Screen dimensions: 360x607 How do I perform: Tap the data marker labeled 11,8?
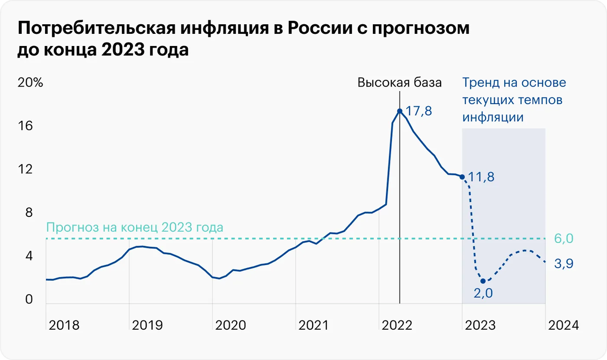click(x=462, y=176)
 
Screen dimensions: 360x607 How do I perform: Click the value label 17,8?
click(x=419, y=111)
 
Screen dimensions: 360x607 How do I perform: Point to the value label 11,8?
click(x=481, y=177)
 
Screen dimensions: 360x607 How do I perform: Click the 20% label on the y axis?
click(x=30, y=83)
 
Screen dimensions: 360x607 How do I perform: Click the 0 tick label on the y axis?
click(x=29, y=300)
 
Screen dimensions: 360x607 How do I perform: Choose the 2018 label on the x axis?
click(x=64, y=325)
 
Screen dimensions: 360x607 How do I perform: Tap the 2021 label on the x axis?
click(x=314, y=325)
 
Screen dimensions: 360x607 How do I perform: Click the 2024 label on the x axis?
click(x=562, y=325)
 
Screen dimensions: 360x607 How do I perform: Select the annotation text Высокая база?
click(x=400, y=83)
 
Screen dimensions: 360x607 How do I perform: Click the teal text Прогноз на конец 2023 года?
click(x=134, y=227)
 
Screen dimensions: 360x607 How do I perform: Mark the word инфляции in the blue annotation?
click(x=493, y=117)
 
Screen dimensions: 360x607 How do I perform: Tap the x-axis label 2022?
click(x=398, y=325)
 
